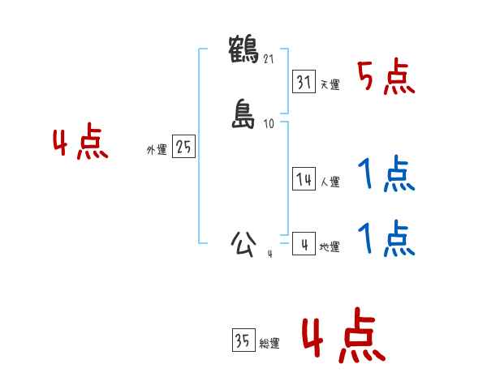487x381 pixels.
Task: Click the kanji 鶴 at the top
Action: [x=244, y=49]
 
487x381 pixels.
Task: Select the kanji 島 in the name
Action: [x=244, y=114]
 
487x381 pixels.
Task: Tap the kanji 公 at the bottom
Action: [x=244, y=243]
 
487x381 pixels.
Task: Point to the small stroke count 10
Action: [x=269, y=124]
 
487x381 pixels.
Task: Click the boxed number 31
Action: [x=304, y=82]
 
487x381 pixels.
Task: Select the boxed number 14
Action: [x=304, y=180]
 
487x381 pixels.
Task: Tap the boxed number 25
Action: [x=183, y=148]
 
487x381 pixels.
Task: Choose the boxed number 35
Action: [x=242, y=341]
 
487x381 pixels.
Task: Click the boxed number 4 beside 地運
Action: [x=304, y=245]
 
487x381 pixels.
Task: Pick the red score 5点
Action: [x=386, y=78]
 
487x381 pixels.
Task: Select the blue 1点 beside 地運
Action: [x=386, y=238]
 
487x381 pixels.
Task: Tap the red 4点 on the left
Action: [x=80, y=143]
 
